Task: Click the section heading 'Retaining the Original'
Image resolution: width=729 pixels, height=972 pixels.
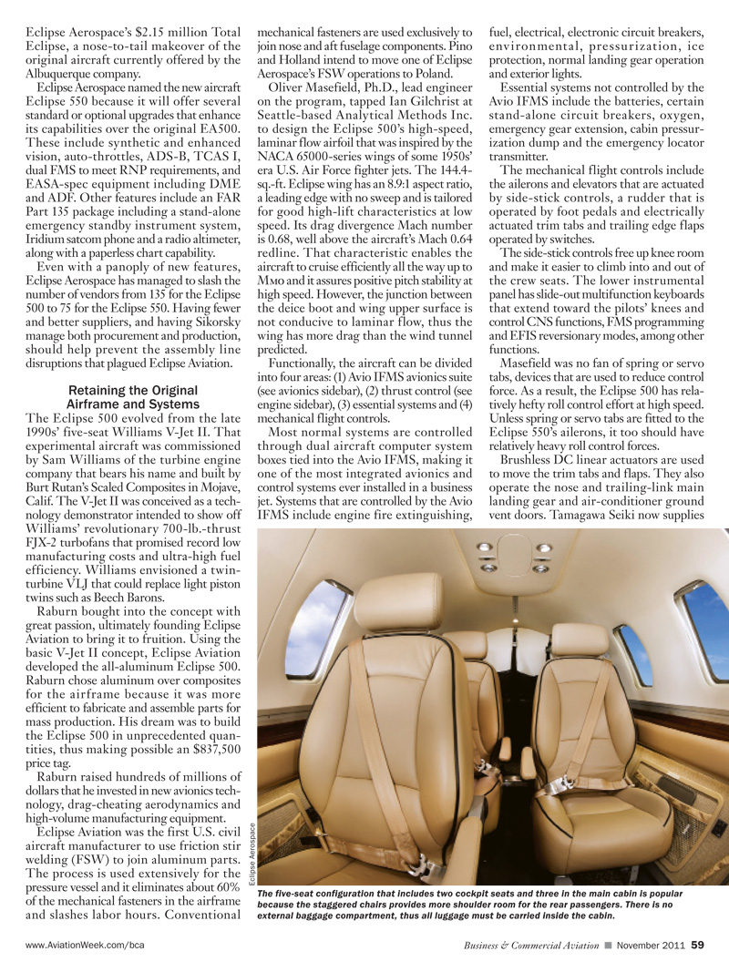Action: [133, 390]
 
